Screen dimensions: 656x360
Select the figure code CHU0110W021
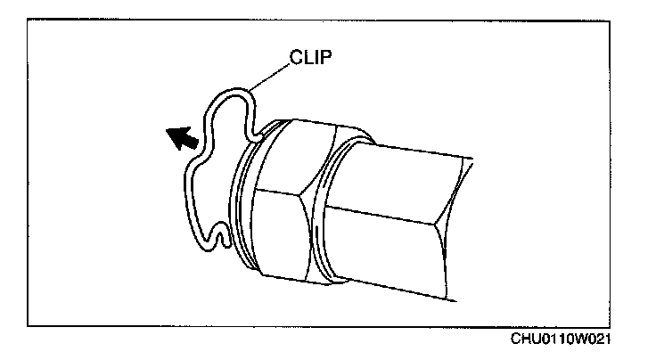(x=562, y=340)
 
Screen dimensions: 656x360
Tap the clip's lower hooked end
(x=223, y=239)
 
